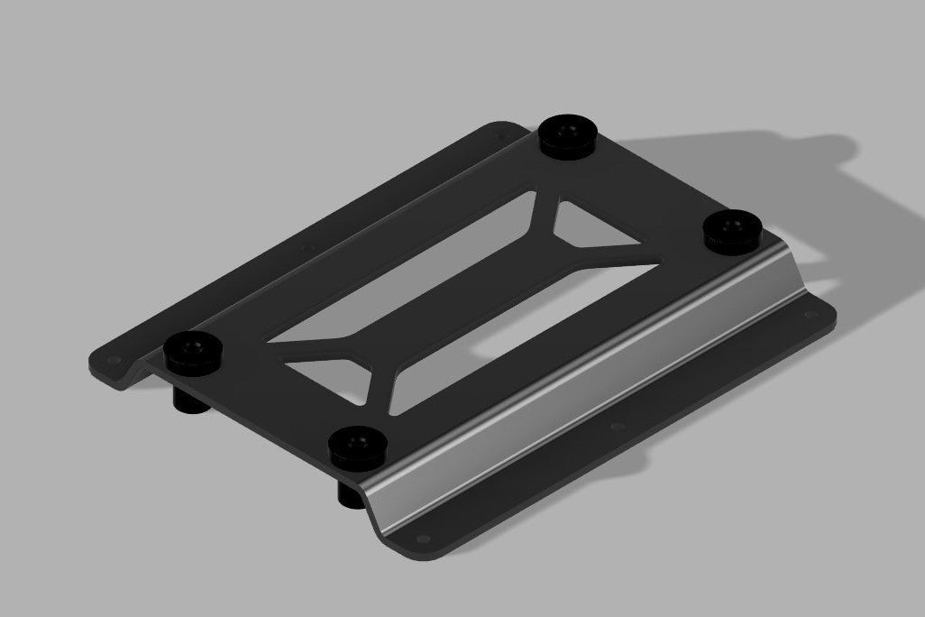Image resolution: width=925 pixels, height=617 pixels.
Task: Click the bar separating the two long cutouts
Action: click(469, 275)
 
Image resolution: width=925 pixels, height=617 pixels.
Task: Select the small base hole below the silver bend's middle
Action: click(616, 426)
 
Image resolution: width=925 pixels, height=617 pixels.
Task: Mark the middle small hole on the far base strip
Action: click(304, 245)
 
